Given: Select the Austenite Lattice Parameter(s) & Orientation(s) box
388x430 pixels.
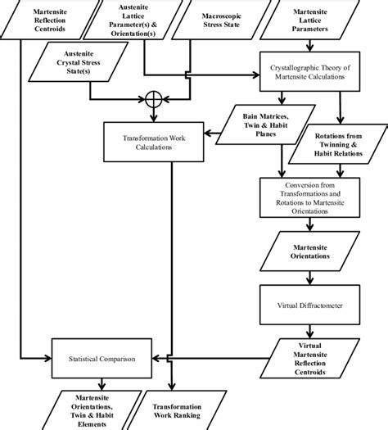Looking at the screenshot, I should pyautogui.click(x=142, y=20).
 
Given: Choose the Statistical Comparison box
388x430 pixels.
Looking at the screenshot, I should pyautogui.click(x=102, y=359).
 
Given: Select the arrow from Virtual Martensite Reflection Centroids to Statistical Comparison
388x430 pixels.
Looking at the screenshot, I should pyautogui.click(x=213, y=359).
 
